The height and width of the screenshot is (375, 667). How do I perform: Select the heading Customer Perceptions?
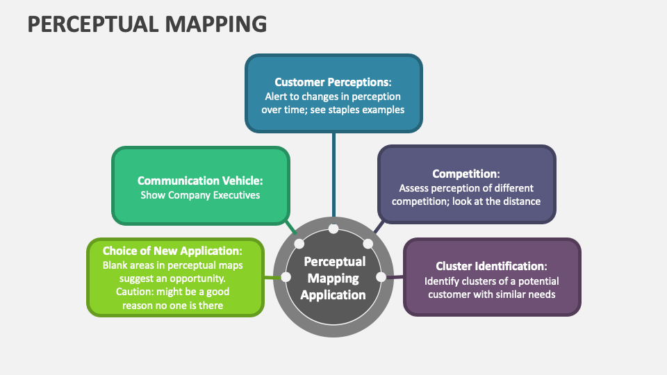[333, 82]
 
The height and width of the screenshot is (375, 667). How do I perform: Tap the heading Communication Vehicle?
[200, 181]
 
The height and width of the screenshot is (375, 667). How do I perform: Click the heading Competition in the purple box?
[466, 174]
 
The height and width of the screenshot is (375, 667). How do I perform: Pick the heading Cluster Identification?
[492, 266]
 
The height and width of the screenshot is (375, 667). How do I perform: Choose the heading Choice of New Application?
[172, 251]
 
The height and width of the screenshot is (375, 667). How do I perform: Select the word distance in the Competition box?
[522, 201]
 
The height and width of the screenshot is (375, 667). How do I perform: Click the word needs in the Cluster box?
[542, 294]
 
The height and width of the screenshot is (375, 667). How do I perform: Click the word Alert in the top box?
[278, 97]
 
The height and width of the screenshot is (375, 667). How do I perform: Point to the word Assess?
[415, 187]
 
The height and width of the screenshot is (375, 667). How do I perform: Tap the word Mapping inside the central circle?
[334, 278]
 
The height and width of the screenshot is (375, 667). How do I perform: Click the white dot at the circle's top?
[333, 228]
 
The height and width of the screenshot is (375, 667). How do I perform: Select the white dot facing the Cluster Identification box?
[381, 277]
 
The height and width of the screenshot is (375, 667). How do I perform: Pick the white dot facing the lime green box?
[286, 277]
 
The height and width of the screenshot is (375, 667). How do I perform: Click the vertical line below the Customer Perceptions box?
[333, 174]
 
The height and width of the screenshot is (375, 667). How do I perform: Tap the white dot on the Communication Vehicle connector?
[299, 244]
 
